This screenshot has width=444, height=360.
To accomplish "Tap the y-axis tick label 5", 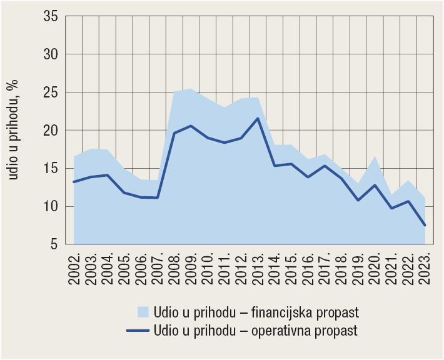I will (x=54, y=244).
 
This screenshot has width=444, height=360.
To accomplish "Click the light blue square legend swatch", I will (x=143, y=311).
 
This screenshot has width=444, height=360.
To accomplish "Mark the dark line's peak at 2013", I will (x=258, y=119).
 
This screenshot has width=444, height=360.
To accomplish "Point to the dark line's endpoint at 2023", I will (x=425, y=225).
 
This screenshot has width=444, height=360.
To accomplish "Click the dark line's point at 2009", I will (x=191, y=126).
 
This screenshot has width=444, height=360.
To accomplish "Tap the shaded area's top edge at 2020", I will (x=375, y=156).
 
